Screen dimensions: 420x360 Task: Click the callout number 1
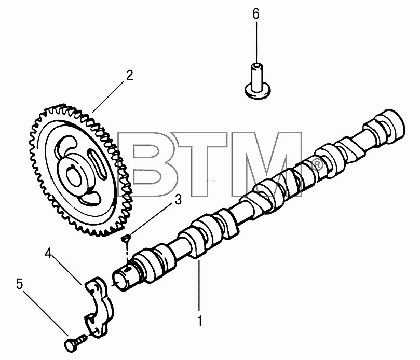pos(200,321)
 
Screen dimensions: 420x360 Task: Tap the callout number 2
pos(130,75)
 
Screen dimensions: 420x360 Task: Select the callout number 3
pos(178,200)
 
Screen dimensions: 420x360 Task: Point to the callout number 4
pos(48,253)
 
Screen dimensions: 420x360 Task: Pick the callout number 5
pos(20,284)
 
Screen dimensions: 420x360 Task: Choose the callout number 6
pos(256,14)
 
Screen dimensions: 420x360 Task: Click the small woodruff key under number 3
pos(126,238)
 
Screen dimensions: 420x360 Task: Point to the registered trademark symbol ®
pos(317,165)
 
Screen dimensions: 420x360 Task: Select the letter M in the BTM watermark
pos(267,164)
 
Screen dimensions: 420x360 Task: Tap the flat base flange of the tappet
pos(258,91)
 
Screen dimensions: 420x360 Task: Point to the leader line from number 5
pos(46,313)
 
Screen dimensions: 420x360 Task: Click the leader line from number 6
pos(256,42)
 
